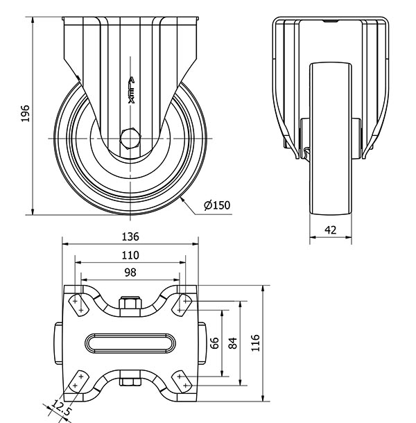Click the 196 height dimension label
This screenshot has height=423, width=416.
pos(25,114)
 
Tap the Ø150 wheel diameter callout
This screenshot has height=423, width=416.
pos(217,205)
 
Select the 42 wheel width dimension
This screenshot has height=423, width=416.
pos(330,231)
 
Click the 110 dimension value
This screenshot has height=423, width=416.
pos(130,255)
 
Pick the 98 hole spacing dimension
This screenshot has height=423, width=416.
pos(130,273)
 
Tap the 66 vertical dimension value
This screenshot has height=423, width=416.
pos(214,343)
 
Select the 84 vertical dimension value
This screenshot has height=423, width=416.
pos(233,342)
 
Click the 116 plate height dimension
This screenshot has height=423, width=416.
pos(256,343)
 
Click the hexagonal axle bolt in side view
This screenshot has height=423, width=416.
pos(130,138)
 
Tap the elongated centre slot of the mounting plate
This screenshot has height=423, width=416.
pos(130,343)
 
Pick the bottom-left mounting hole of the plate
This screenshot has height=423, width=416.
pos(77,381)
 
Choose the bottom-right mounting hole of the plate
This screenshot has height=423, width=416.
pos(184,381)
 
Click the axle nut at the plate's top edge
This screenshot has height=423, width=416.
pos(130,304)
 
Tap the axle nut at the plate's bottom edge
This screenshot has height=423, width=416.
pos(130,380)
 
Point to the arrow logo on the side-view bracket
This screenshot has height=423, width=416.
pos(131,90)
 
